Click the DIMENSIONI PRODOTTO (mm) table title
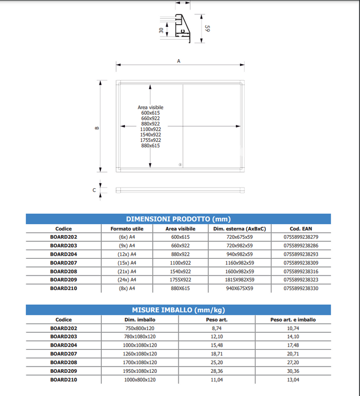[x=178, y=219]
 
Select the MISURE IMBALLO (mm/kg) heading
[x=178, y=310]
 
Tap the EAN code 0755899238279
[x=301, y=237]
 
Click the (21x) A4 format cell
[x=127, y=272]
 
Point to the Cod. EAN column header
[x=301, y=228]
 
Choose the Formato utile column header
[x=127, y=228]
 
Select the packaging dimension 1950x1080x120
[x=140, y=371]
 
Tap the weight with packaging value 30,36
[x=293, y=371]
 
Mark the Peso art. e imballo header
[x=293, y=319]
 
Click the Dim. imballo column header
[x=140, y=319]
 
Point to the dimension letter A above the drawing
[x=179, y=61]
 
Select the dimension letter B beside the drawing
[x=97, y=128]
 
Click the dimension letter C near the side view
[x=94, y=190]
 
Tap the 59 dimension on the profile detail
[x=207, y=29]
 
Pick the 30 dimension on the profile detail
[x=161, y=30]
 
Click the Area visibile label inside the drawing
[x=151, y=107]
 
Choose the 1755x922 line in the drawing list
[x=151, y=140]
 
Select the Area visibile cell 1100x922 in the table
[x=180, y=263]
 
